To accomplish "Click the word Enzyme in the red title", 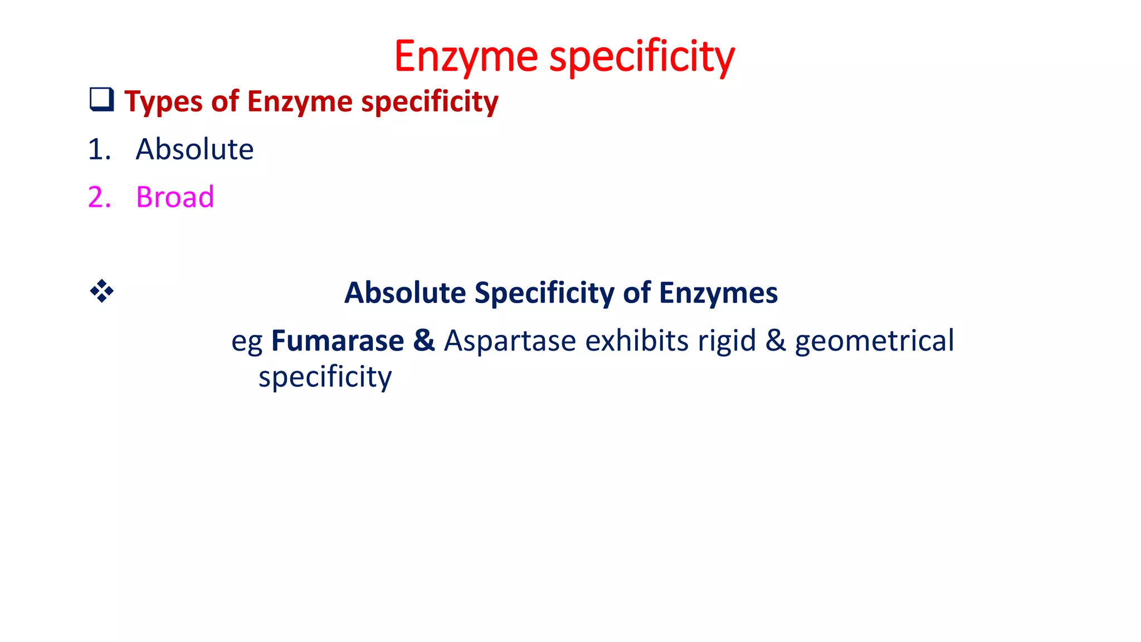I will click(x=466, y=57).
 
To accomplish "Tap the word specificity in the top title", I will click(x=642, y=57).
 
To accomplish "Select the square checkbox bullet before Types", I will click(x=101, y=100).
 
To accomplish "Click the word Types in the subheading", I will click(x=163, y=102).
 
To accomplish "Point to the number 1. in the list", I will click(x=100, y=149).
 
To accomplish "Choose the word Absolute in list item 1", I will click(x=194, y=149).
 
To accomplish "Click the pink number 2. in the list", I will click(x=100, y=197).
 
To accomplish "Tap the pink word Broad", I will click(x=175, y=197).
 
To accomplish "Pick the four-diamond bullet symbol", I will click(x=101, y=291).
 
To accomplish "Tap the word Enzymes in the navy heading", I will click(x=718, y=293).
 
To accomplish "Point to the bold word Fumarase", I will click(x=338, y=341).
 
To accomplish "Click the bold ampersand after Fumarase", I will click(x=423, y=341).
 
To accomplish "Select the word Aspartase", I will click(x=510, y=341).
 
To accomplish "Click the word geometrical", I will click(x=874, y=342).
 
